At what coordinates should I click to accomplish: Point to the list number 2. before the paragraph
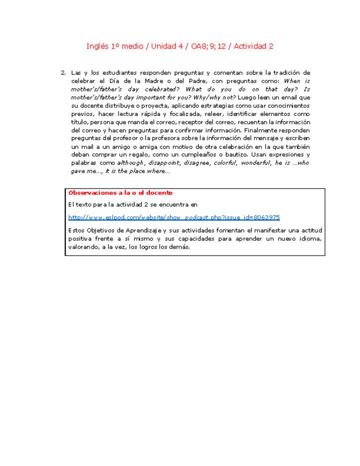(x=63, y=73)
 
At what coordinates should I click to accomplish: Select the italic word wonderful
(x=255, y=163)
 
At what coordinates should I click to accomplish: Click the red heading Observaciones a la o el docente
(x=120, y=193)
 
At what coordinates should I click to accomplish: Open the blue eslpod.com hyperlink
(x=174, y=217)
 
